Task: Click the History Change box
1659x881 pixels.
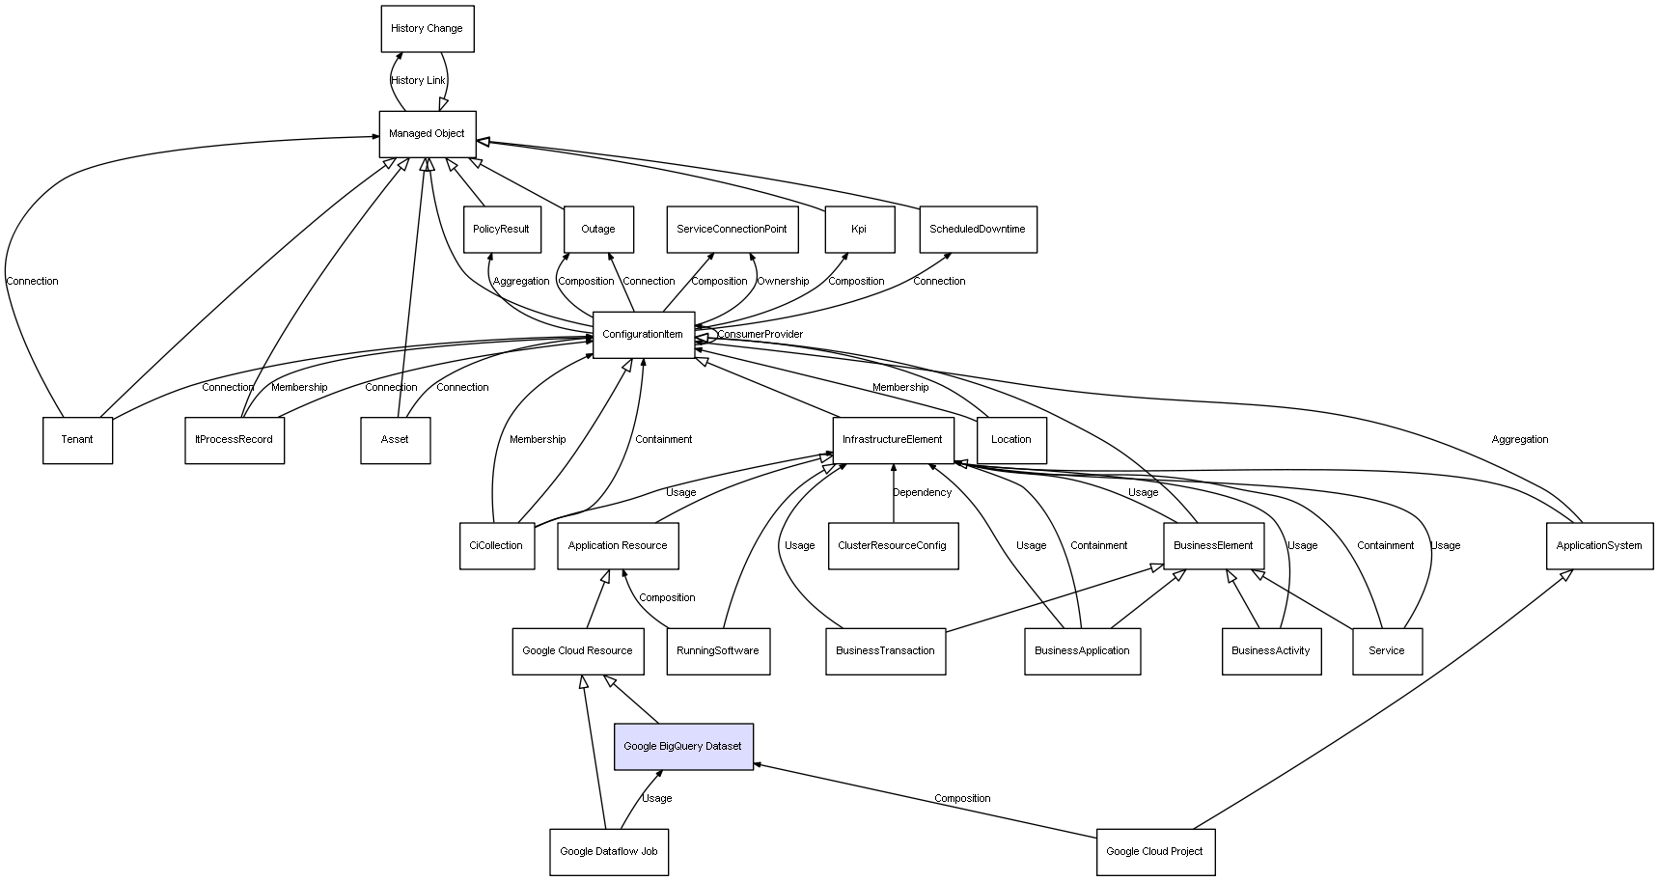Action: point(427,29)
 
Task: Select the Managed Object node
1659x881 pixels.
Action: point(427,134)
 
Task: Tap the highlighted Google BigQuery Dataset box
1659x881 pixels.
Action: point(683,747)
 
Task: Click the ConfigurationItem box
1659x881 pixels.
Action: point(643,335)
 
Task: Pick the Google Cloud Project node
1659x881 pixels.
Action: point(1155,852)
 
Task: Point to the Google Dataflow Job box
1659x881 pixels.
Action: point(609,852)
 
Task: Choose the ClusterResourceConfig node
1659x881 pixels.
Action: point(893,546)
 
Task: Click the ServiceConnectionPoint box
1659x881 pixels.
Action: point(732,230)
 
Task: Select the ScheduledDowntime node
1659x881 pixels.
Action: point(978,230)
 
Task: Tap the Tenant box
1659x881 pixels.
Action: point(77,440)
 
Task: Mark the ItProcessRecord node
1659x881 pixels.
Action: point(235,440)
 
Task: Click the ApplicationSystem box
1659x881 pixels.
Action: point(1599,546)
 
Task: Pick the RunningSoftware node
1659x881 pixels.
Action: point(718,651)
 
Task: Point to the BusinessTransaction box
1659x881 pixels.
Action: point(885,651)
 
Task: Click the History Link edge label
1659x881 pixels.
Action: point(419,81)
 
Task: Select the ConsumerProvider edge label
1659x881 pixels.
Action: point(760,335)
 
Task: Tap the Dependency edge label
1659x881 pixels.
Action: point(922,493)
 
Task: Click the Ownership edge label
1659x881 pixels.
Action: point(783,282)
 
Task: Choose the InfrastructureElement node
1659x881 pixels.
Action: point(893,440)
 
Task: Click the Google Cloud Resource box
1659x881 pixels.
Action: point(577,651)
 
